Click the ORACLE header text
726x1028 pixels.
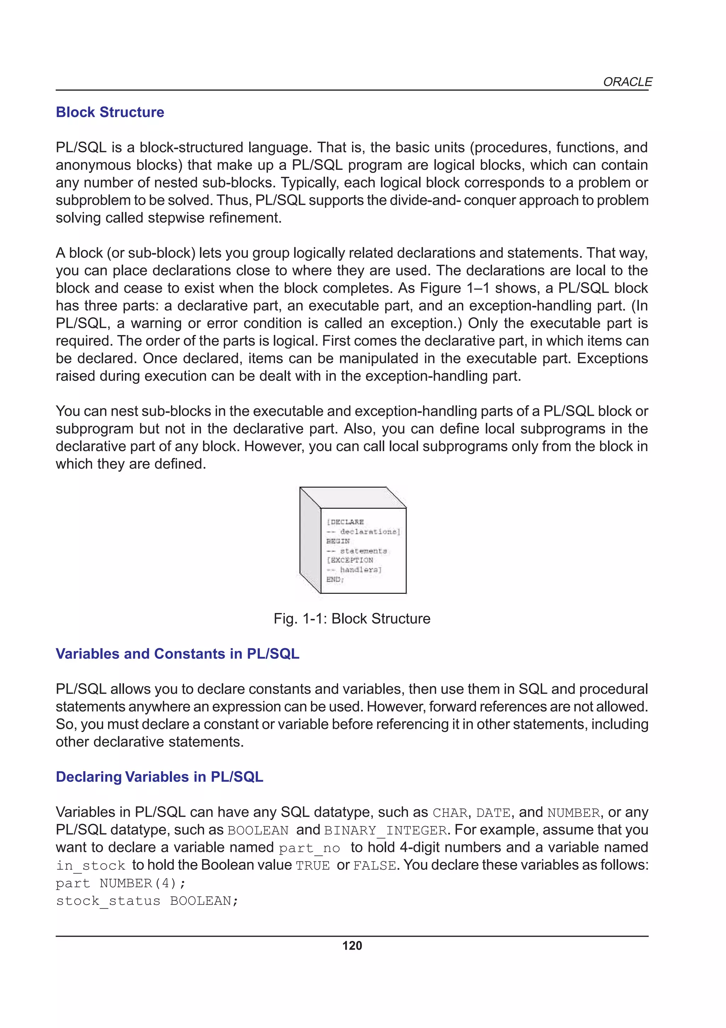(x=627, y=82)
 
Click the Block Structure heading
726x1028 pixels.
(x=110, y=112)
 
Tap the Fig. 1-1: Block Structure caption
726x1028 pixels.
(x=352, y=618)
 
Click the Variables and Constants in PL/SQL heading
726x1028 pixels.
(x=177, y=654)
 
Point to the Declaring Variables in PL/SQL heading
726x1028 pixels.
(x=159, y=776)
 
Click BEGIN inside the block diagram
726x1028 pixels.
(x=338, y=541)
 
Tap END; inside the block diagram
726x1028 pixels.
(x=335, y=579)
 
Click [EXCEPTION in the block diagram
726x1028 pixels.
(x=350, y=560)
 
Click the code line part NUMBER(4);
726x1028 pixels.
(x=120, y=883)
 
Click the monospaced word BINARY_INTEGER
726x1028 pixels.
(x=385, y=830)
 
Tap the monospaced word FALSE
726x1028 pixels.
(x=374, y=866)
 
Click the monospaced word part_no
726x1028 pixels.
(x=309, y=848)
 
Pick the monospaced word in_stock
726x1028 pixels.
(x=90, y=866)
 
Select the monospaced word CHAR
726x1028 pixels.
(x=449, y=813)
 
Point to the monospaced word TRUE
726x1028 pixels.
(x=312, y=866)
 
